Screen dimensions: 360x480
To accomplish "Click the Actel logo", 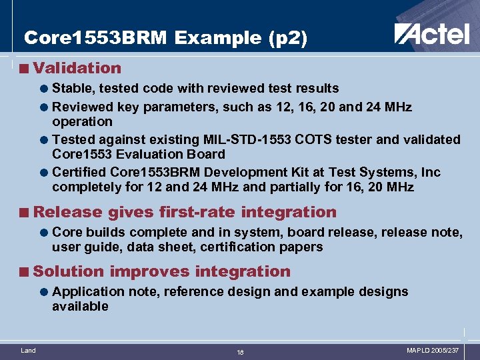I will pos(431,33).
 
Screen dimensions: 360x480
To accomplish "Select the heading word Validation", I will pos(77,68).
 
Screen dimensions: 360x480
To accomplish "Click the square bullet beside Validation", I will pos(25,68).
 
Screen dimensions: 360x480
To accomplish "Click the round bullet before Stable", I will pos(43,89).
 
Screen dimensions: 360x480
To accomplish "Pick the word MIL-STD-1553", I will pos(243,139).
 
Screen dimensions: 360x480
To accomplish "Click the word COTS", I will pos(306,139).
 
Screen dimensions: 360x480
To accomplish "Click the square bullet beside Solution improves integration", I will pos(25,272).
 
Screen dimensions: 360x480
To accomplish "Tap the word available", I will pos(80,307).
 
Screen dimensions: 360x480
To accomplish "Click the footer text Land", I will pos(29,350).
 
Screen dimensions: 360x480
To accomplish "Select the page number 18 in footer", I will pos(240,352).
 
